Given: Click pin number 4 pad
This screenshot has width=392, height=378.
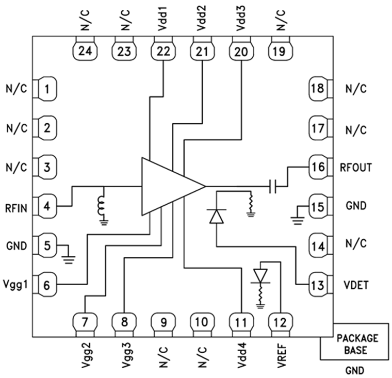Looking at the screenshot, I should [x=46, y=206].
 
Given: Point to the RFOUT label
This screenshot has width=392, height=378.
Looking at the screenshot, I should [x=356, y=167].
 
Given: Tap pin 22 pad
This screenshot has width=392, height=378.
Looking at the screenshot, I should [x=162, y=50].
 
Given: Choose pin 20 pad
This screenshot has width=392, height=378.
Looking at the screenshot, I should [x=240, y=50].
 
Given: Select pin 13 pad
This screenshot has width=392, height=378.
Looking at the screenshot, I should [x=318, y=285].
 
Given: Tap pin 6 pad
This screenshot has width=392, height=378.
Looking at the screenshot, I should [x=46, y=285].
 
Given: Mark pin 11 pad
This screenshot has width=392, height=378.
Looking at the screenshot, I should [x=240, y=323].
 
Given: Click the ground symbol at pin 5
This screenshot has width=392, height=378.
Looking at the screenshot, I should [x=67, y=253].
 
